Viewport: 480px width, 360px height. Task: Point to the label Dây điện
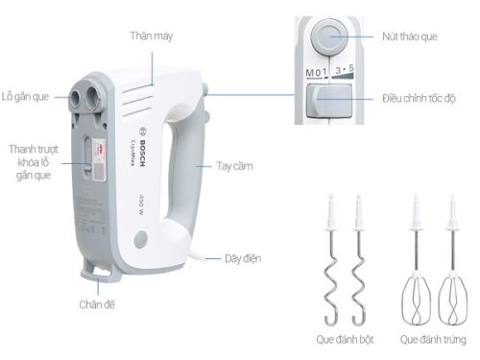pos(244,258)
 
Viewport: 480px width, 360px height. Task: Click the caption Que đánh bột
pos(345,342)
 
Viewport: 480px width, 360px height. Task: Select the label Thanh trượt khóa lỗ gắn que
pos(30,162)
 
